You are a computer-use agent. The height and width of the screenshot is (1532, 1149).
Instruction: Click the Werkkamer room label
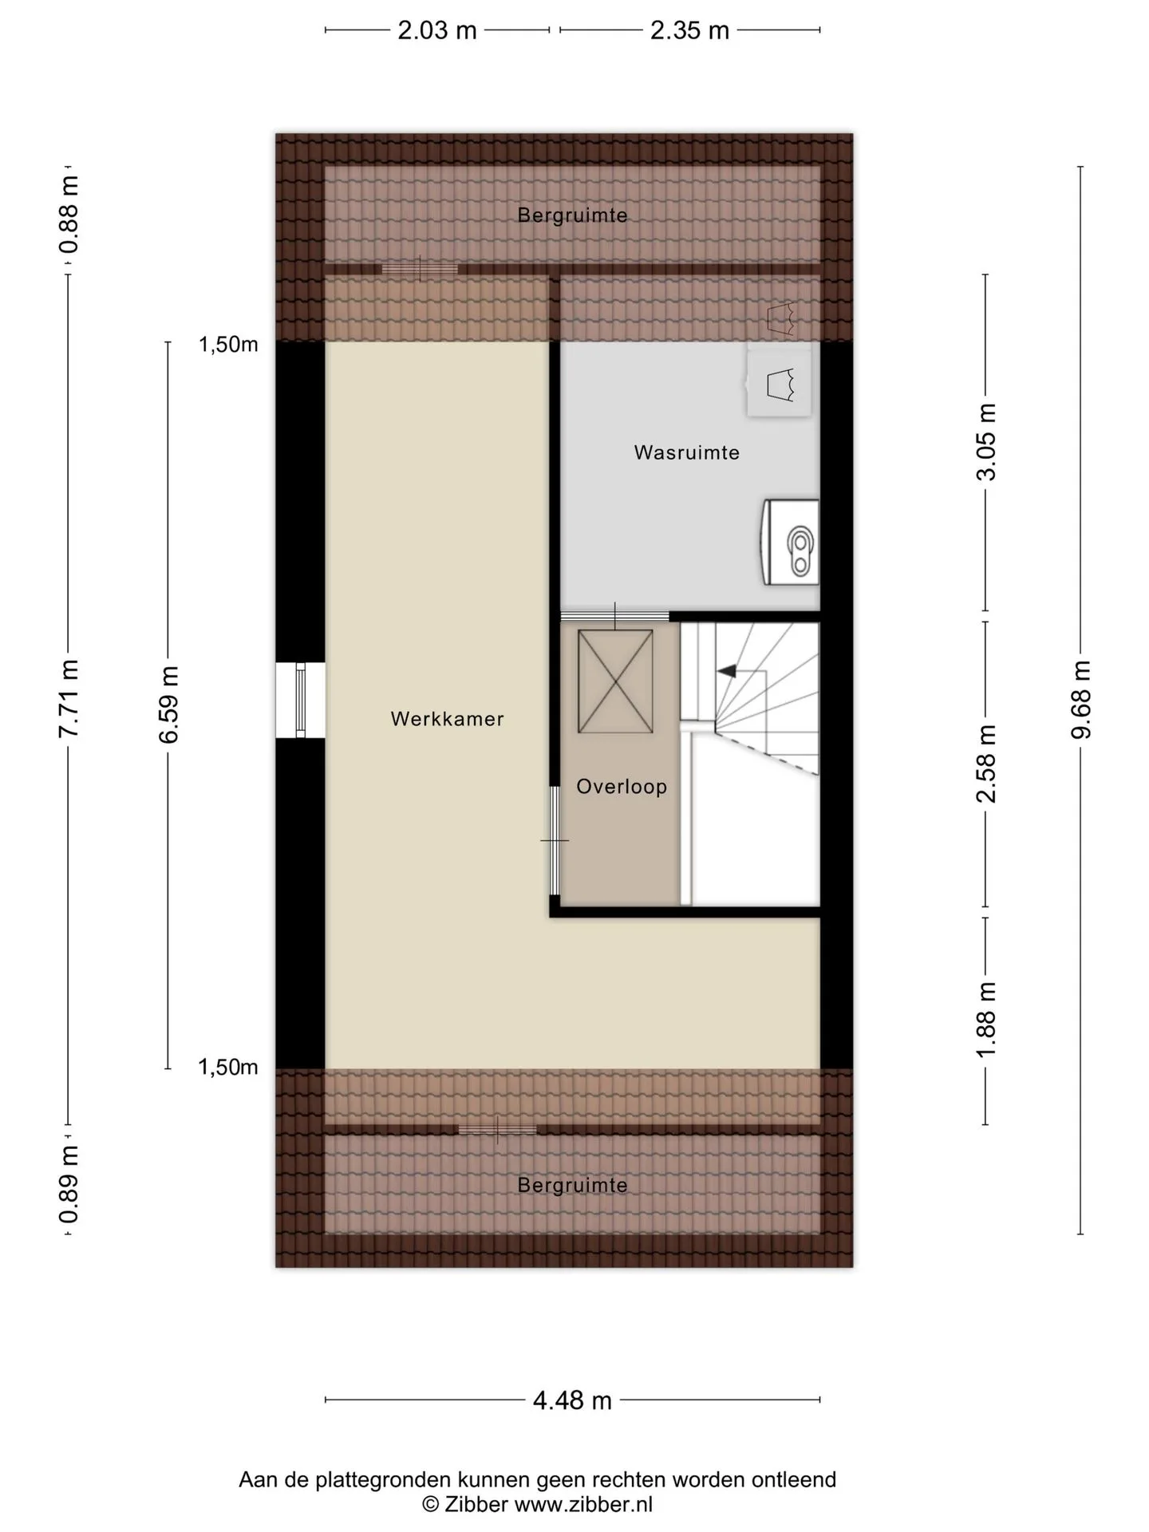pyautogui.click(x=447, y=719)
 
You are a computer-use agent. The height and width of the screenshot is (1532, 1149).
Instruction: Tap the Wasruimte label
pyautogui.click(x=687, y=452)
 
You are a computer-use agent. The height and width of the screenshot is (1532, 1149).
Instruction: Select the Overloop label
pyautogui.click(x=622, y=787)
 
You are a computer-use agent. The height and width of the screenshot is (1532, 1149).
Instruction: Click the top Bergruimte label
pyautogui.click(x=572, y=215)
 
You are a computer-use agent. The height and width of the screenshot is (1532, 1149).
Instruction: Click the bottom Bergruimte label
pyautogui.click(x=572, y=1186)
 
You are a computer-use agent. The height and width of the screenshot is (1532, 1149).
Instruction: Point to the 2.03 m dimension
pyautogui.click(x=437, y=30)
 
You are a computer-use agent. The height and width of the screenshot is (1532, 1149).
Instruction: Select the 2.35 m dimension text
pyautogui.click(x=689, y=30)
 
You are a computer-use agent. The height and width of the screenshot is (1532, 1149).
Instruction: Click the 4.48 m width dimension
pyautogui.click(x=572, y=1400)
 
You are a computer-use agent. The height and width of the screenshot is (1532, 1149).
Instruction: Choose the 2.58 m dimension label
pyautogui.click(x=987, y=764)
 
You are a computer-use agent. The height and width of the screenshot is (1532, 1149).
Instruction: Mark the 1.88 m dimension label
pyautogui.click(x=987, y=1019)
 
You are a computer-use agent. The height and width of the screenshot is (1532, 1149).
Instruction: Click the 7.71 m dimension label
pyautogui.click(x=69, y=700)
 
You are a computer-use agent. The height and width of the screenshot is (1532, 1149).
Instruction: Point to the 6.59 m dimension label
pyautogui.click(x=168, y=705)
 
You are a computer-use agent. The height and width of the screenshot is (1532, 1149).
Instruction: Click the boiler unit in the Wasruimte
pyautogui.click(x=791, y=542)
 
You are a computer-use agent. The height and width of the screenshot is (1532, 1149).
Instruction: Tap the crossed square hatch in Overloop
pyautogui.click(x=615, y=681)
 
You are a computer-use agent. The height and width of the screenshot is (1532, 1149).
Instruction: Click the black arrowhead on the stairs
pyautogui.click(x=726, y=671)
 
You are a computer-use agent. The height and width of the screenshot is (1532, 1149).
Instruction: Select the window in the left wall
pyautogui.click(x=300, y=700)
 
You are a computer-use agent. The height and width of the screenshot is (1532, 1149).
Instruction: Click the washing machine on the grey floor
pyautogui.click(x=779, y=382)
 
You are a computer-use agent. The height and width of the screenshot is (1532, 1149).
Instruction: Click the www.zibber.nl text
pyautogui.click(x=583, y=1505)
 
